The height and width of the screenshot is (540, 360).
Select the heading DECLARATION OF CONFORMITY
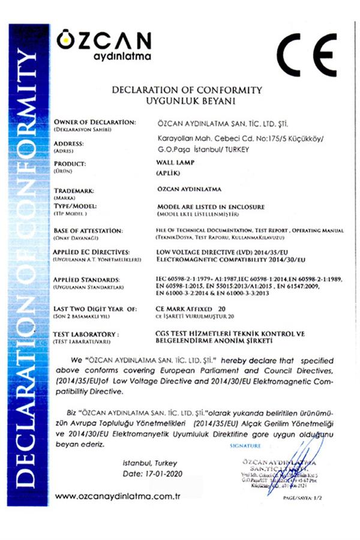[x=188, y=90]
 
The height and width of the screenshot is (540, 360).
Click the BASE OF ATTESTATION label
[x=88, y=230]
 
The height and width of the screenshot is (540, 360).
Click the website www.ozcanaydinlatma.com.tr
[x=118, y=496]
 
